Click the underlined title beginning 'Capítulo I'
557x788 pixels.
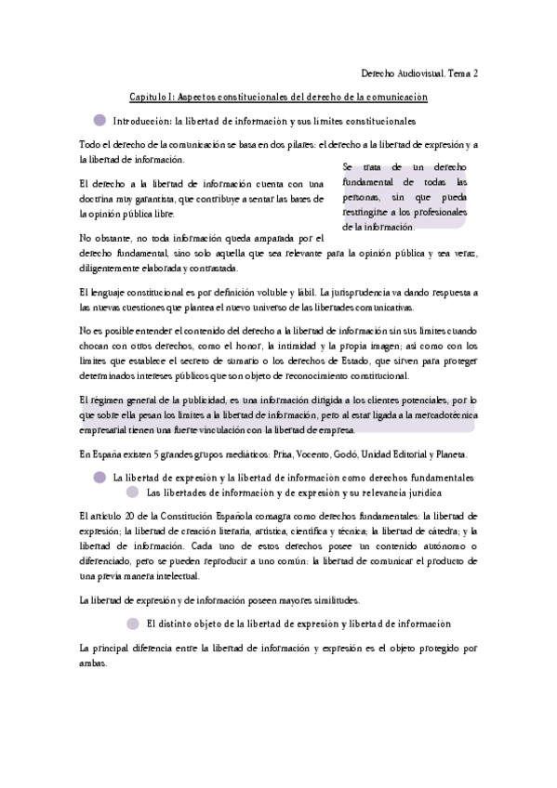[278, 96]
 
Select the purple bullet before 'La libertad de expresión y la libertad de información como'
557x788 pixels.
[99, 477]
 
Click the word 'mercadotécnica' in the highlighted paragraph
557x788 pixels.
[441, 415]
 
